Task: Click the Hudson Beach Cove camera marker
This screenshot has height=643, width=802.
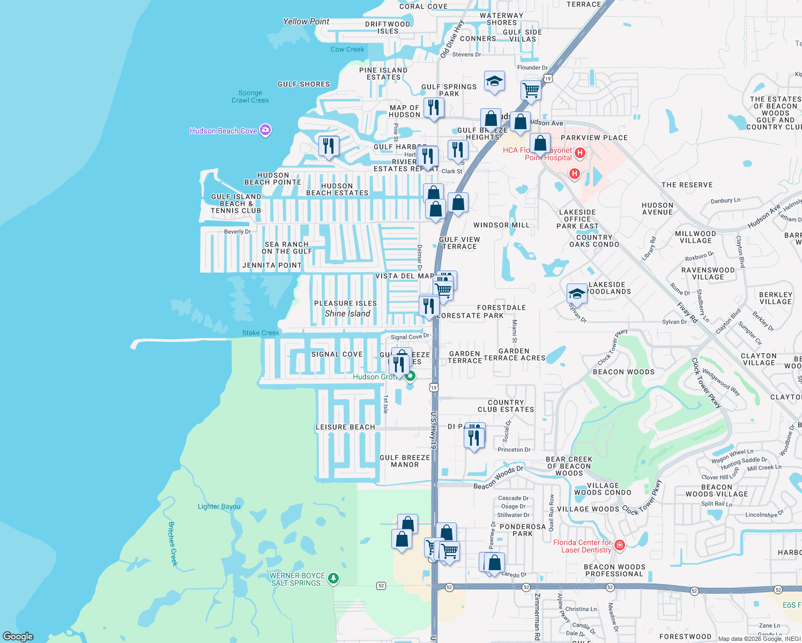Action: pyautogui.click(x=265, y=130)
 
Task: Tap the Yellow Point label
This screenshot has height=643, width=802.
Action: pyautogui.click(x=306, y=21)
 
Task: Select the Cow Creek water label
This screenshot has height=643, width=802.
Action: pyautogui.click(x=347, y=49)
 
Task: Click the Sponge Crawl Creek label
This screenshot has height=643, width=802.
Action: pyautogui.click(x=250, y=96)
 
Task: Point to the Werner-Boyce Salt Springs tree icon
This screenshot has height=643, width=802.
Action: pyautogui.click(x=333, y=578)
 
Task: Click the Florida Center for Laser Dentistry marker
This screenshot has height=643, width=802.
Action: pyautogui.click(x=620, y=545)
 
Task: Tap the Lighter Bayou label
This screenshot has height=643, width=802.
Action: pyautogui.click(x=219, y=506)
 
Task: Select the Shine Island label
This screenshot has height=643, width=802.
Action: pyautogui.click(x=347, y=313)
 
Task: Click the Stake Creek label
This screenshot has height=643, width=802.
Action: pyautogui.click(x=261, y=333)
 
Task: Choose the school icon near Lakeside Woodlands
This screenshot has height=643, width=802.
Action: pyautogui.click(x=577, y=294)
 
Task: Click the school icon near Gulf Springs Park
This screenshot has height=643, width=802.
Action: pyautogui.click(x=494, y=81)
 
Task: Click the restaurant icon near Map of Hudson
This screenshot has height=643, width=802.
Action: pyautogui.click(x=433, y=108)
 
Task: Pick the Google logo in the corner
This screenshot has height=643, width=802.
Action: pyautogui.click(x=18, y=637)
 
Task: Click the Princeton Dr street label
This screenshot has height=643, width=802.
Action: pyautogui.click(x=514, y=450)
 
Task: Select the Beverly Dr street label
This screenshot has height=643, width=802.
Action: pyautogui.click(x=237, y=231)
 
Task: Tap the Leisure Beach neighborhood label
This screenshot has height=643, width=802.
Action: pyautogui.click(x=345, y=427)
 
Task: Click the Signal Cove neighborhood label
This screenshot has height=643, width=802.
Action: pyautogui.click(x=337, y=354)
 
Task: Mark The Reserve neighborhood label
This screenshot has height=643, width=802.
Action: pyautogui.click(x=687, y=185)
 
